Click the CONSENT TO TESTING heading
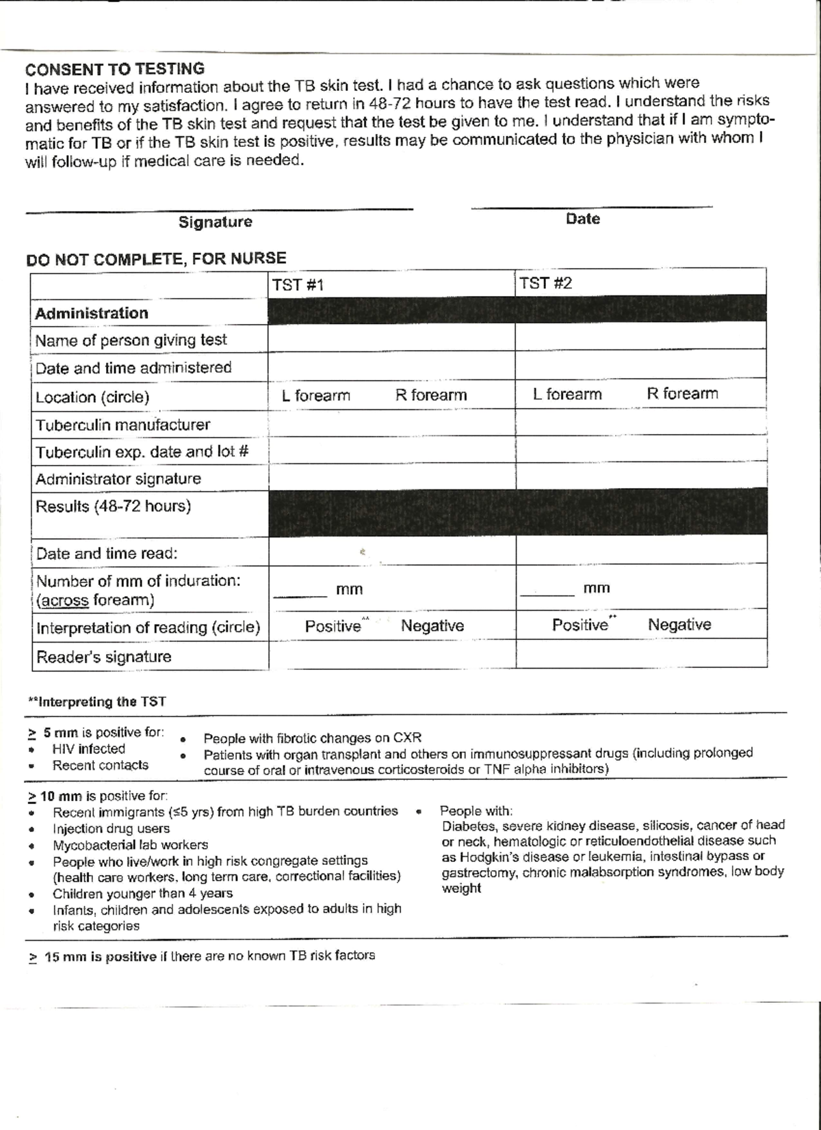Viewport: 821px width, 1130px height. tap(115, 69)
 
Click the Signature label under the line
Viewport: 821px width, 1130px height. tap(215, 222)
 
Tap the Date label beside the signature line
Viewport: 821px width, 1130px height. tap(582, 219)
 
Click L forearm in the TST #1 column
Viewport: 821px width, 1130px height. tap(315, 396)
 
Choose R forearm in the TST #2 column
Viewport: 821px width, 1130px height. tap(682, 394)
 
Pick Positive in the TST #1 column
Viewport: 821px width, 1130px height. tap(333, 626)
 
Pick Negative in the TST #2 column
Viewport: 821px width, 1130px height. tap(679, 625)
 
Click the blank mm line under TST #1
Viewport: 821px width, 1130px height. tap(300, 592)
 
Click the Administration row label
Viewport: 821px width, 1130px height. tap(92, 314)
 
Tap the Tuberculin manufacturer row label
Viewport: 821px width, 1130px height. tap(122, 425)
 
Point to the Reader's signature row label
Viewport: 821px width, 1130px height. tap(103, 657)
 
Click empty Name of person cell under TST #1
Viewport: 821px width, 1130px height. tap(391, 339)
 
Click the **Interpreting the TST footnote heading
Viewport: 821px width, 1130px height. tap(96, 702)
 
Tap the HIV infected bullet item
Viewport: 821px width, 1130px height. tap(88, 749)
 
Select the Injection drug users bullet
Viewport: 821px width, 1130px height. tap(111, 829)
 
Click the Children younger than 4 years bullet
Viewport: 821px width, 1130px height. tap(142, 893)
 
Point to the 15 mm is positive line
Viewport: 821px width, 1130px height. tap(202, 956)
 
